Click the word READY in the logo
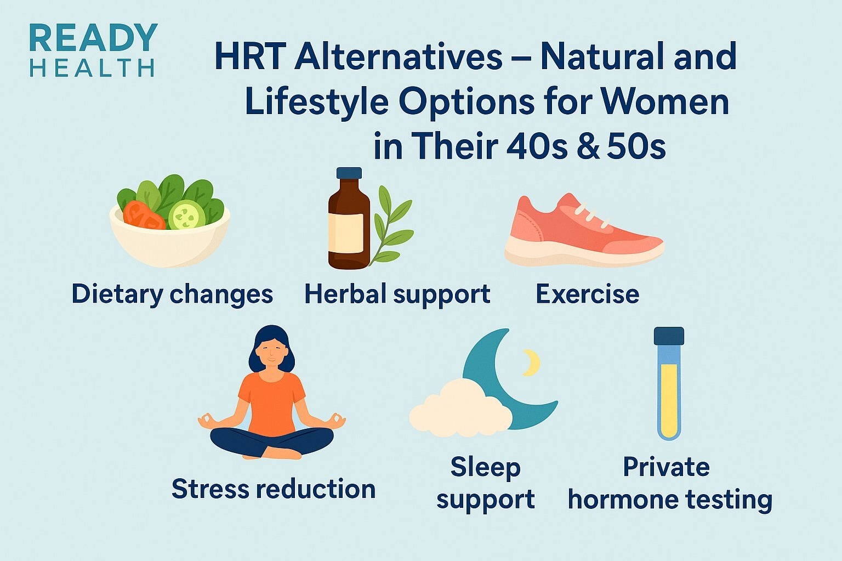pos(93,38)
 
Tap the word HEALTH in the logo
pos(92,69)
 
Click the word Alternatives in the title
pos(398,56)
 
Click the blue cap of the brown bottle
pos(349,173)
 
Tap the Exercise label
pos(587,294)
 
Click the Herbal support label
pos(397,294)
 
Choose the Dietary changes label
pos(172,294)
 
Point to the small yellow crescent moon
pos(531,362)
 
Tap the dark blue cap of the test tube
pos(669,336)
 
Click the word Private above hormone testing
pos(666,468)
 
